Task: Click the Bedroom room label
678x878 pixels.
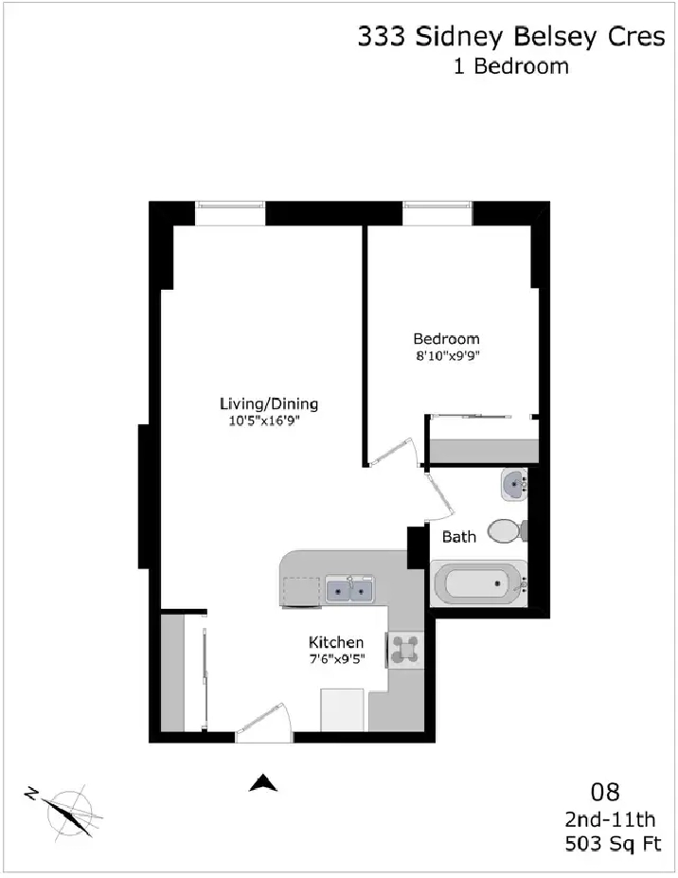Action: (446, 339)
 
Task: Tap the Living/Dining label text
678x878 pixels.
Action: (269, 403)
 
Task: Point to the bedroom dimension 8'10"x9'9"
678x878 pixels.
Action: (447, 355)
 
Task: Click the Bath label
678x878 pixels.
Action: (459, 536)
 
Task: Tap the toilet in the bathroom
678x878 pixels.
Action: (508, 530)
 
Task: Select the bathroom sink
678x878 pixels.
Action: (514, 485)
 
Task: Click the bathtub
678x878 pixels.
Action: (479, 582)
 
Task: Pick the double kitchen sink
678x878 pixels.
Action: (350, 590)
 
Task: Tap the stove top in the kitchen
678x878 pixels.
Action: (404, 649)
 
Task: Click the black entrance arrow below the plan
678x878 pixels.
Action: (263, 782)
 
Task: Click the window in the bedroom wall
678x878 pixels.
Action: (437, 213)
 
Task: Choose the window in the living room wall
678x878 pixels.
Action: (230, 213)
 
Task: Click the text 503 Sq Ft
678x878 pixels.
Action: (613, 843)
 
